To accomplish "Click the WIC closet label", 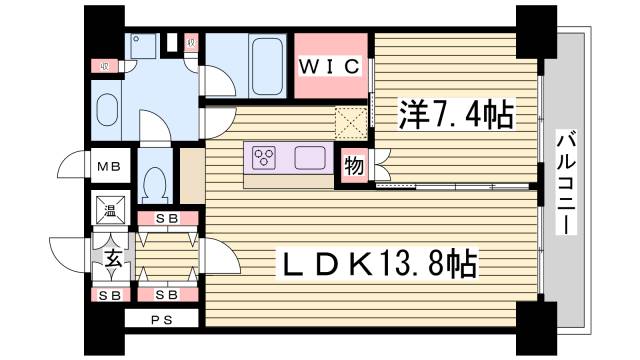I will tap(330, 68).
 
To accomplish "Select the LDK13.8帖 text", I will tap(380, 264).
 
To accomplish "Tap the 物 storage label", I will tap(353, 164).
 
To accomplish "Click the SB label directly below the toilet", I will tap(166, 218).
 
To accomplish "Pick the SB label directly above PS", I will tap(166, 295).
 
